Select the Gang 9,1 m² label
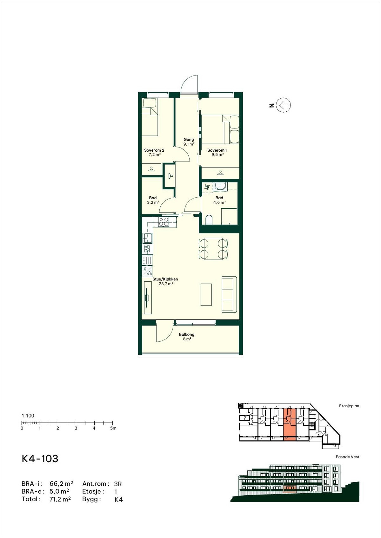coord(189,141)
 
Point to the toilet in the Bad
coord(209,220)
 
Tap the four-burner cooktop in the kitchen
coord(164,221)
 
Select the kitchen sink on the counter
coord(147,238)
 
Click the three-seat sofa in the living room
coord(229,294)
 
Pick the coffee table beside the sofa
coord(206,294)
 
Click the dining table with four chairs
coord(213,249)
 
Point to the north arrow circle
coord(283,105)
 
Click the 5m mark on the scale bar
coord(113,423)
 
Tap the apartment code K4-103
coord(40,459)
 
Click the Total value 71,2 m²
coord(60,499)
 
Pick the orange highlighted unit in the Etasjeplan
coord(289,425)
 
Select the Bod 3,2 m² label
coord(153,200)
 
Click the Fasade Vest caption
coord(347,457)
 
